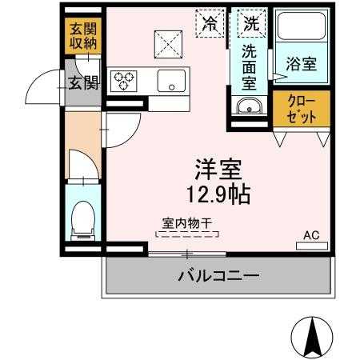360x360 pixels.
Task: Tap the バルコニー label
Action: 217,277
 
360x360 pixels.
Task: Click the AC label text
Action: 310,235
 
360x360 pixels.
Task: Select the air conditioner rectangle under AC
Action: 311,246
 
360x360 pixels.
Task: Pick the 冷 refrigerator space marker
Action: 211,23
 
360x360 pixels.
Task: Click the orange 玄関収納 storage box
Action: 83,36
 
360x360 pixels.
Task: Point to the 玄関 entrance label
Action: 82,81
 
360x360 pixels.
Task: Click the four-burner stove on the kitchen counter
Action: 126,79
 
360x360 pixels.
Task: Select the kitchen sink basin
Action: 170,80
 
